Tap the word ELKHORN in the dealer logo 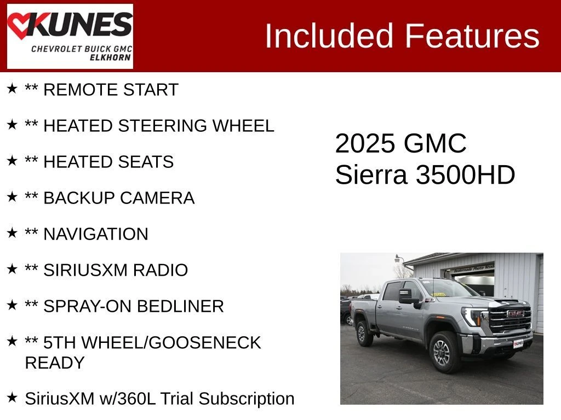pos(110,57)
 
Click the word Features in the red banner pos(472,36)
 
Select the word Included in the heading pos(329,36)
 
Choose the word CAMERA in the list pos(157,198)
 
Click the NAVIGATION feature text pos(95,234)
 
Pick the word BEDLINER pos(180,306)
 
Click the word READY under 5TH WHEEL pos(55,363)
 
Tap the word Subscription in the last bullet pos(247,399)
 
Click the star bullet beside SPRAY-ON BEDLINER pos(12,305)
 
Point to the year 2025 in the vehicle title pos(364,143)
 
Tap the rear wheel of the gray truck pos(364,333)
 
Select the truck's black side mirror pos(408,296)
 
